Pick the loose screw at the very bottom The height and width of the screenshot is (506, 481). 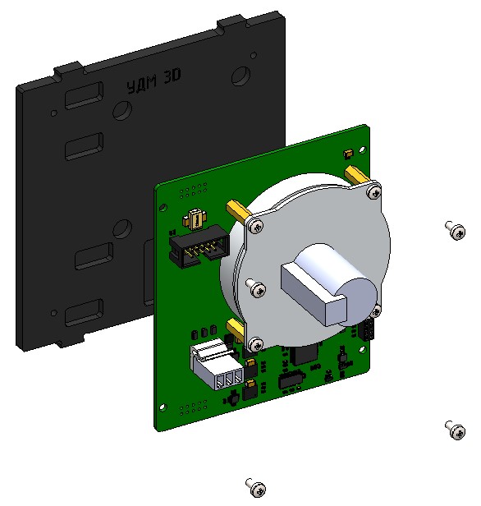257,486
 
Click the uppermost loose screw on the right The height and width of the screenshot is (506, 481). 455,229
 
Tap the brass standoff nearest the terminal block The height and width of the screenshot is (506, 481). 234,330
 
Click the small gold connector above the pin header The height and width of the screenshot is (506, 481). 195,219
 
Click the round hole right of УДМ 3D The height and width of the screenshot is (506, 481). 240,76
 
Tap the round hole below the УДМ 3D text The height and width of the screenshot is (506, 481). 118,110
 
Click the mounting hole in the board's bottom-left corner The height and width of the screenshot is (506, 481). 162,407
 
